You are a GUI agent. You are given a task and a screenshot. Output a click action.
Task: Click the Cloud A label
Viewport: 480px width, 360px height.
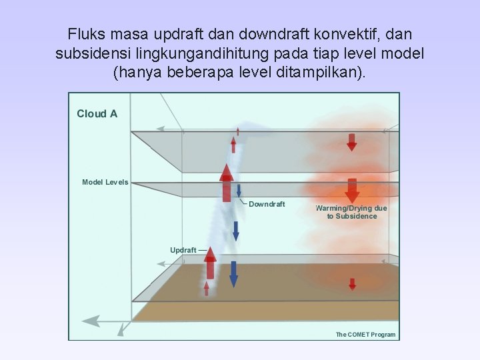(97, 114)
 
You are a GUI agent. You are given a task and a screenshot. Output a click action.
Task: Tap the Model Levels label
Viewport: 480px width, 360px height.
(105, 182)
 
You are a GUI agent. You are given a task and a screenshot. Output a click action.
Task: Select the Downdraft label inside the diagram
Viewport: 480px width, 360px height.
(267, 204)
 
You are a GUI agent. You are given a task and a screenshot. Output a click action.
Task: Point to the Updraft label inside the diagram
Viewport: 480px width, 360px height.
(183, 250)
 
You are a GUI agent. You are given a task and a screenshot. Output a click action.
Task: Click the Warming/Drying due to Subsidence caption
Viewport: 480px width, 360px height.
(351, 212)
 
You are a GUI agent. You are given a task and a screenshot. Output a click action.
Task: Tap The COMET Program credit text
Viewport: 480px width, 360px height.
(365, 335)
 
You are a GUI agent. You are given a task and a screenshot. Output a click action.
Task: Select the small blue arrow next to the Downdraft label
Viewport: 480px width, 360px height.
(239, 189)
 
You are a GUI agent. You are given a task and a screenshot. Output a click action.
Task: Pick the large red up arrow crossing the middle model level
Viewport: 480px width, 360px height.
(227, 182)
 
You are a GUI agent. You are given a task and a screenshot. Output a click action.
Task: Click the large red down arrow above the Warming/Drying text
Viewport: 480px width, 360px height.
(352, 190)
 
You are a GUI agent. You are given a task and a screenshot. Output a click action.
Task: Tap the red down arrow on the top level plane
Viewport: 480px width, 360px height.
(352, 141)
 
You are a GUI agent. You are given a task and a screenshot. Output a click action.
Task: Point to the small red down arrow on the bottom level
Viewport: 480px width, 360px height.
(353, 283)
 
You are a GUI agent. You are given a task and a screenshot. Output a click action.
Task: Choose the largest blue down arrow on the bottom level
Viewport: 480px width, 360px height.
(233, 273)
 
